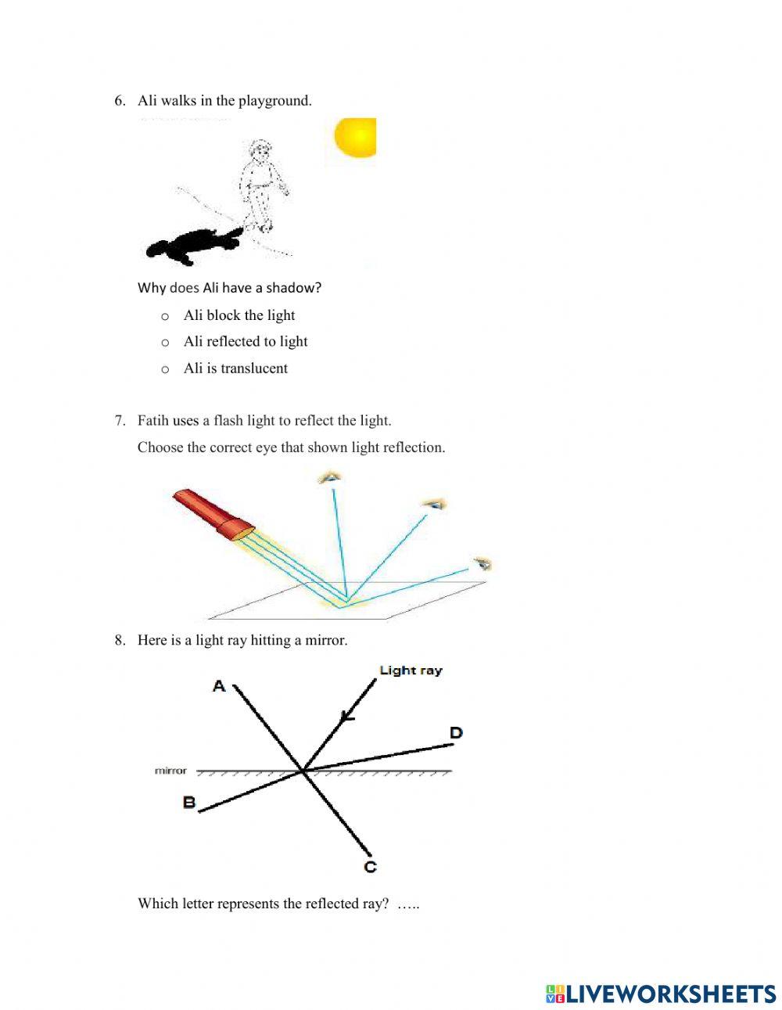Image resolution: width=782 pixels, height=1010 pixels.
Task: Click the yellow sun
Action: click(356, 138)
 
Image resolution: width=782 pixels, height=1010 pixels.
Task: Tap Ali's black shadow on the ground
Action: click(192, 246)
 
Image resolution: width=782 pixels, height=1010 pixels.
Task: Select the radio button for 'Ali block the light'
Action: click(165, 316)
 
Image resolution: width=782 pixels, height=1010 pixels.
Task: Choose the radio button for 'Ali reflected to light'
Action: click(165, 343)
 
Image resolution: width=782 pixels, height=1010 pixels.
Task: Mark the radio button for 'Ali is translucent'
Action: click(165, 369)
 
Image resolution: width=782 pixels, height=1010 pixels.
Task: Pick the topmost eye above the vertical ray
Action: click(332, 477)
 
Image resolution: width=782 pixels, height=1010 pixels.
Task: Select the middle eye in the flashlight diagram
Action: click(432, 505)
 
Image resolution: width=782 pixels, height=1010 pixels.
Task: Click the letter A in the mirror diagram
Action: click(219, 686)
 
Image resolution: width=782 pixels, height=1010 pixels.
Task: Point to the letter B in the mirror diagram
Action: click(189, 802)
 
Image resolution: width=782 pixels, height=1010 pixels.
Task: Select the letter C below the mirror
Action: click(371, 867)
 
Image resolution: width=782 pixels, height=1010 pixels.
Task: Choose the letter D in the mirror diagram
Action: click(456, 733)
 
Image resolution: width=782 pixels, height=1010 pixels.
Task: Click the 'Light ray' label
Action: click(411, 670)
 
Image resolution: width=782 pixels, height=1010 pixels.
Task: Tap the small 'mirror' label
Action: click(170, 771)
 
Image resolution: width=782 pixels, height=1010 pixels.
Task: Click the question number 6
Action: click(119, 100)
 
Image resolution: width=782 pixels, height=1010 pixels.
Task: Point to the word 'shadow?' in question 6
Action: click(296, 288)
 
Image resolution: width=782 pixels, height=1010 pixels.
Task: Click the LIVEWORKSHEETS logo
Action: click(661, 994)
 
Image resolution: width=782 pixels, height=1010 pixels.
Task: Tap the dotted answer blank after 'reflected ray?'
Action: click(408, 904)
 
